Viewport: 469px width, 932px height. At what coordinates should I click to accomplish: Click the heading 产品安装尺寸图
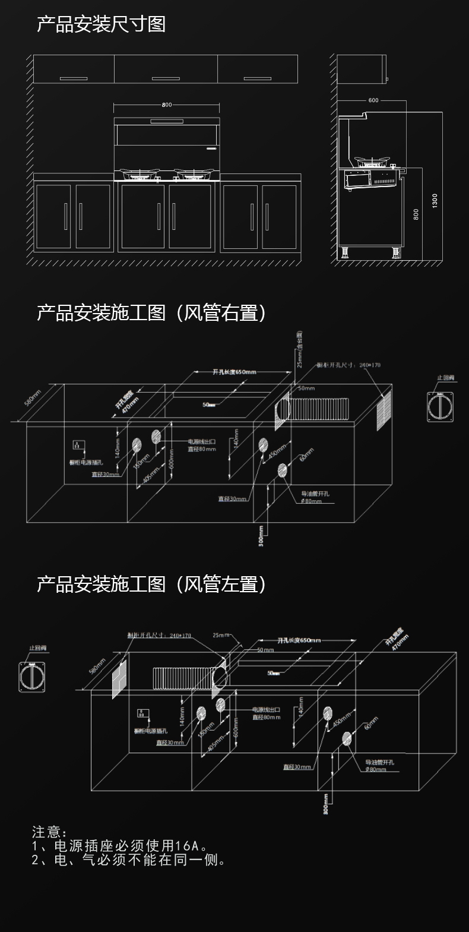(x=101, y=24)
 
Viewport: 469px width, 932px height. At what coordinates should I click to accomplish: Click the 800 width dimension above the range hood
(x=166, y=105)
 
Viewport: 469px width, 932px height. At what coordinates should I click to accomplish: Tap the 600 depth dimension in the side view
(x=373, y=100)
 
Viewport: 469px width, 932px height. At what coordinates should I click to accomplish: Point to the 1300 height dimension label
(x=435, y=200)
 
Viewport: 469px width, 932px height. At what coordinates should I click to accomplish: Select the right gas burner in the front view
(x=193, y=174)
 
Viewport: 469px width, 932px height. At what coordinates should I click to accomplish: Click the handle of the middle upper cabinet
(x=166, y=78)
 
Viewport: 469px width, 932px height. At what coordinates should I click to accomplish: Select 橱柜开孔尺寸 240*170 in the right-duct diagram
(x=348, y=365)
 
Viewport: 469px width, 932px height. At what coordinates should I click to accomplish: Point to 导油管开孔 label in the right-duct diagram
(x=315, y=494)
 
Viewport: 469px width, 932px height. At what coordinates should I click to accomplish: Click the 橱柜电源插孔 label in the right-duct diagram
(x=86, y=462)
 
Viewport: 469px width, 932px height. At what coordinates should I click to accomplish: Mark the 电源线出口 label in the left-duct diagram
(x=266, y=709)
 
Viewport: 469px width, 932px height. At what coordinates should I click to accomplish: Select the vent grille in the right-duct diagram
(x=384, y=409)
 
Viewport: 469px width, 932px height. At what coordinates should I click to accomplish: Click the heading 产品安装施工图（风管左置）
(x=151, y=585)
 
